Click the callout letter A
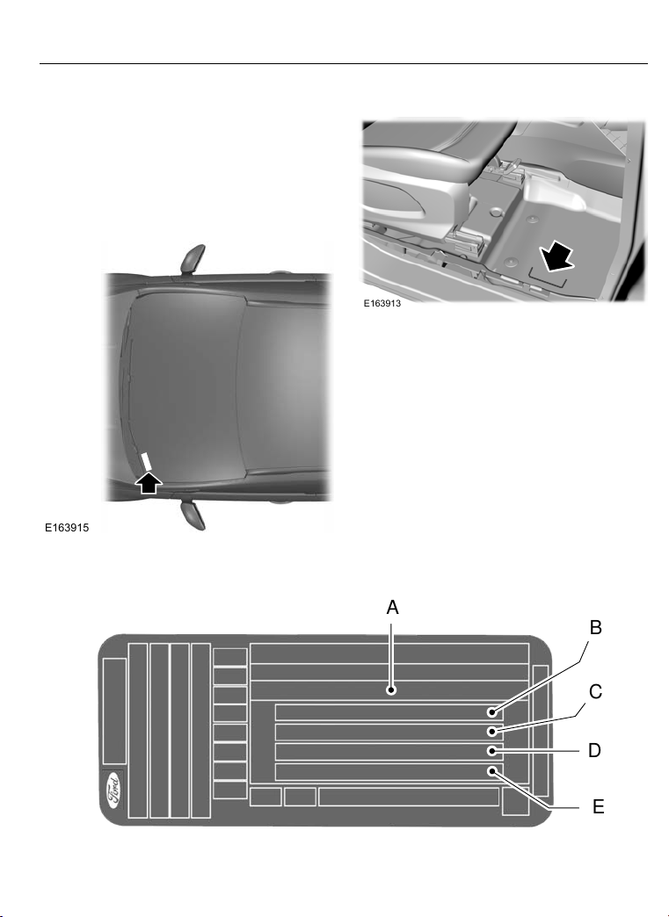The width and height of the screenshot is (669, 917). pyautogui.click(x=392, y=608)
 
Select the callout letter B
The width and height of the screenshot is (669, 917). pyautogui.click(x=595, y=627)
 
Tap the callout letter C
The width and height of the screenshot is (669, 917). pyautogui.click(x=595, y=692)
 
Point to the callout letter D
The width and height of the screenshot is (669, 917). pyautogui.click(x=594, y=750)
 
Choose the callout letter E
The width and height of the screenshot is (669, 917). pyautogui.click(x=598, y=807)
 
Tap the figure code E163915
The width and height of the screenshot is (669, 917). pyautogui.click(x=68, y=528)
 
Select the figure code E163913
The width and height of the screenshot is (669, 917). pyautogui.click(x=382, y=304)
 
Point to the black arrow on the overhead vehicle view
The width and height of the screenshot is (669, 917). pyautogui.click(x=149, y=482)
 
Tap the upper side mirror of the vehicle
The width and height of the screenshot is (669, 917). pyautogui.click(x=193, y=259)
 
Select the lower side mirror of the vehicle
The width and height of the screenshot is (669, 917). pyautogui.click(x=193, y=516)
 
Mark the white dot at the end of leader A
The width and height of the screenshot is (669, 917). pyautogui.click(x=391, y=690)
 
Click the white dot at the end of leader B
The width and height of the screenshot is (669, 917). pyautogui.click(x=493, y=712)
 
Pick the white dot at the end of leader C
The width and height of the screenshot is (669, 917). pyautogui.click(x=493, y=732)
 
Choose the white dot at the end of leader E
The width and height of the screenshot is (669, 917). pyautogui.click(x=493, y=771)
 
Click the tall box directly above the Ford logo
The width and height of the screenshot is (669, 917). pyautogui.click(x=114, y=711)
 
